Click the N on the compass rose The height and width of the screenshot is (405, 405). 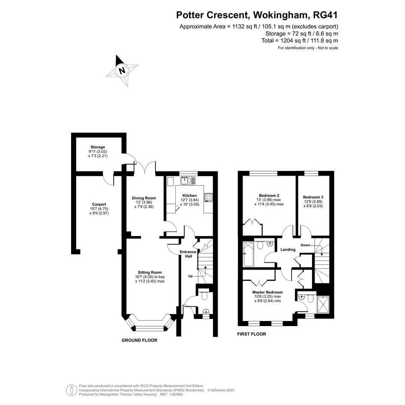point(122,70)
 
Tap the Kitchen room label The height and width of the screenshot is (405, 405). point(189,195)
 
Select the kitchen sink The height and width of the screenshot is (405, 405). point(188,180)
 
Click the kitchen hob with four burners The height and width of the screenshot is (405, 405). point(208,197)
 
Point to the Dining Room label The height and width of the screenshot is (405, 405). point(144,198)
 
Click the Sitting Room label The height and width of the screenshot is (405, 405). point(150,272)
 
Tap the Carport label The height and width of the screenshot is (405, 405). point(99,204)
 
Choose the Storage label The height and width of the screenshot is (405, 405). point(98,147)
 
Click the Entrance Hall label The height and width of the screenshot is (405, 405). point(188,254)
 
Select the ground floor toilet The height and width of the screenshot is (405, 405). point(204,294)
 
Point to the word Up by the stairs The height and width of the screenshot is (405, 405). point(190,276)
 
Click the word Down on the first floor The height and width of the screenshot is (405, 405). point(305,245)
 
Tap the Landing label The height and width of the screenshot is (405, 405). point(288,249)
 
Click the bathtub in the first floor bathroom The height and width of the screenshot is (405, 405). point(249,254)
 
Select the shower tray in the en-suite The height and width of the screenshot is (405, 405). point(323,304)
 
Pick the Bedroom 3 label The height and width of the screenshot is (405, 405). point(313,197)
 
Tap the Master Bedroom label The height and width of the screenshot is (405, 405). point(267,292)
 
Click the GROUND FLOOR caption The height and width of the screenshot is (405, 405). point(139,340)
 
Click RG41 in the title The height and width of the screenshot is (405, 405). point(325,15)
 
